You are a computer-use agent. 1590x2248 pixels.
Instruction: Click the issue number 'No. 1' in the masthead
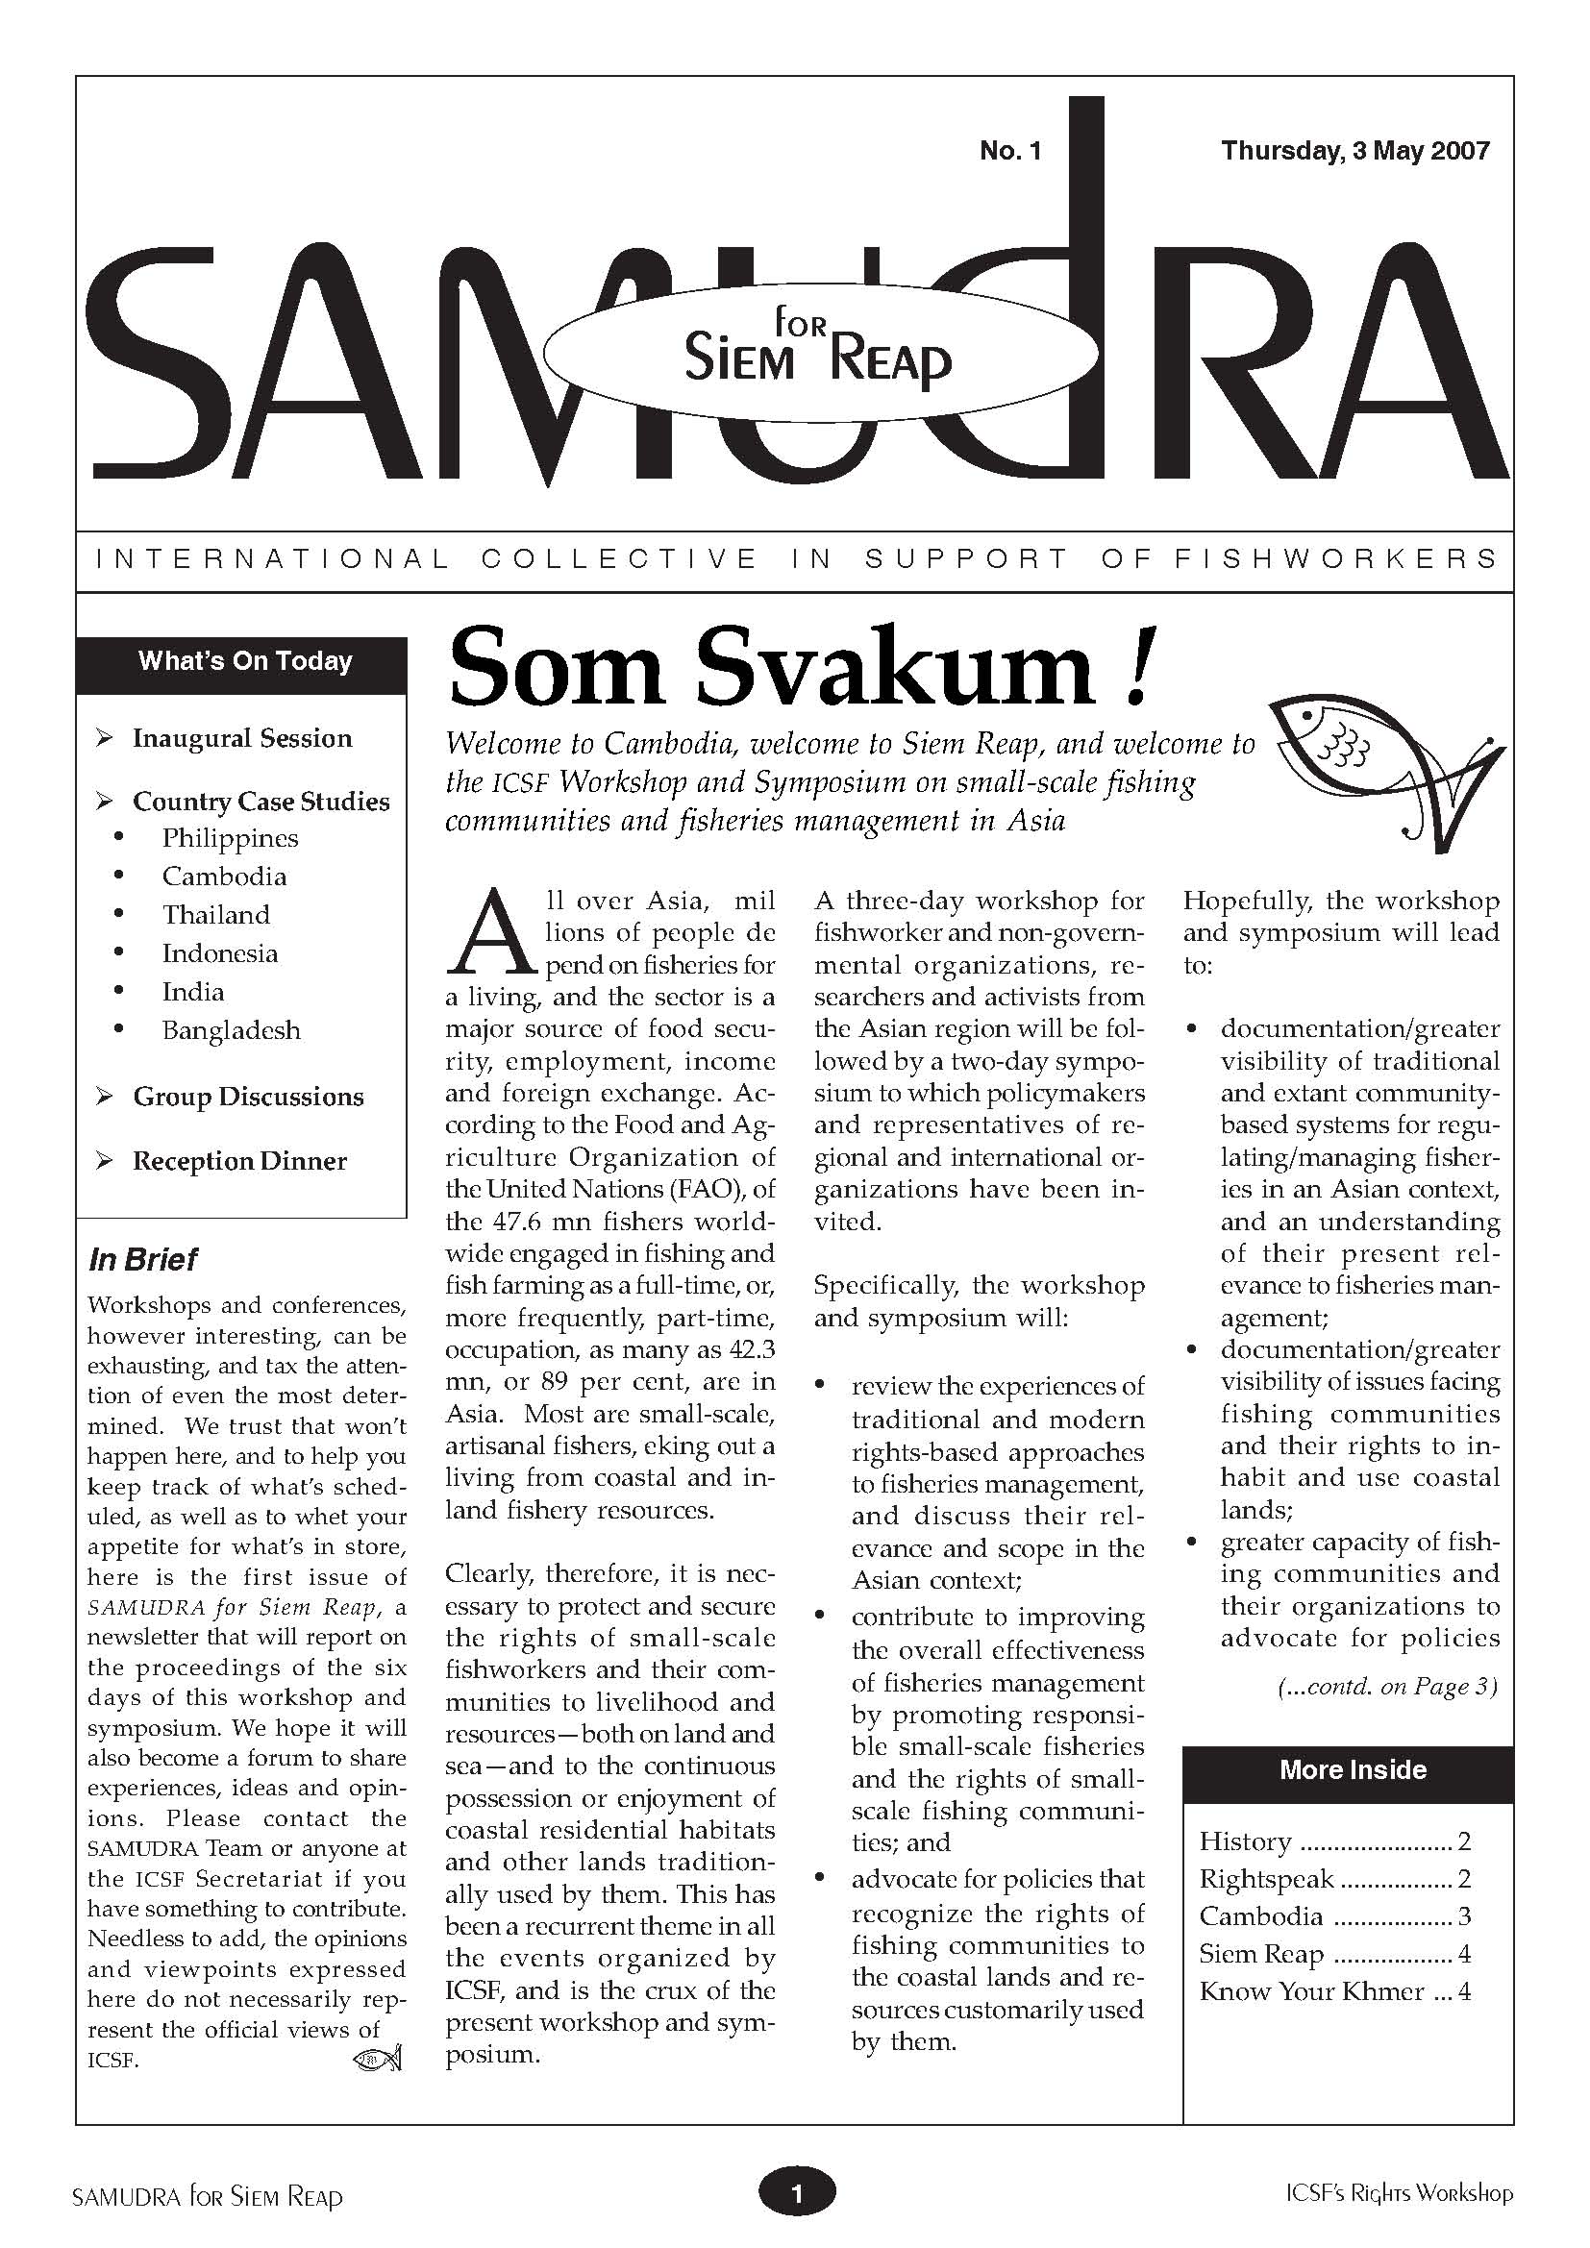[x=1009, y=151]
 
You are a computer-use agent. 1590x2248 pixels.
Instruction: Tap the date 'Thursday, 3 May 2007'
[x=1355, y=151]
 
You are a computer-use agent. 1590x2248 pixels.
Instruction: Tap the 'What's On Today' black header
[x=245, y=661]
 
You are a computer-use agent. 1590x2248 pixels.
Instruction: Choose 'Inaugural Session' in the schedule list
[x=242, y=738]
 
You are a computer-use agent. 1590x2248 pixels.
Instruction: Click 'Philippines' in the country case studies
[x=230, y=838]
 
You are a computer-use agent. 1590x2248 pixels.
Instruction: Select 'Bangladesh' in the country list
[x=231, y=1030]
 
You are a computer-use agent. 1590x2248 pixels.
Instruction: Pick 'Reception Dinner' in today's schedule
[x=240, y=1161]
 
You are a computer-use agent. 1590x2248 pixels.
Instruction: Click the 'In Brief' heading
[x=143, y=1259]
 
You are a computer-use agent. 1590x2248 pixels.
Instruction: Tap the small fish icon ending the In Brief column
[x=377, y=2060]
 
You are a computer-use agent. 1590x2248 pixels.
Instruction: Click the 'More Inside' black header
[x=1353, y=1770]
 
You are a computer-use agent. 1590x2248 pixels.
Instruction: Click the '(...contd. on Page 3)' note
[x=1387, y=1687]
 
